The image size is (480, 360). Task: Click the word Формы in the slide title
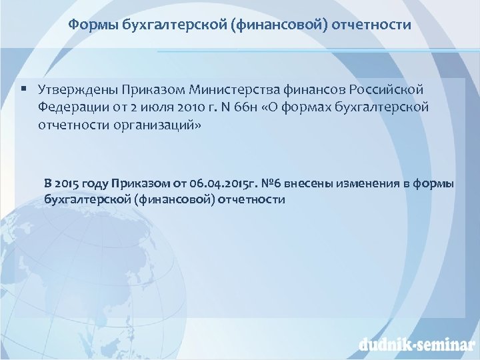89,25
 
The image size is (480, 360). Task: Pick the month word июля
167,107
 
